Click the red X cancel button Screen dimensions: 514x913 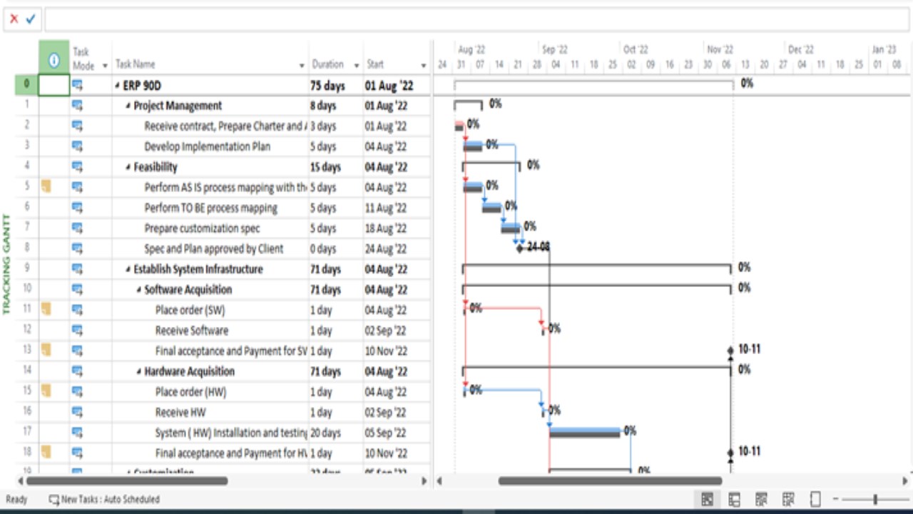coord(14,19)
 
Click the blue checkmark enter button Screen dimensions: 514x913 coord(30,19)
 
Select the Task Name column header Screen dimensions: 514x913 coord(136,64)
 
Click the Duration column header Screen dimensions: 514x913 coord(327,64)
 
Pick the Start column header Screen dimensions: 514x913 coord(375,64)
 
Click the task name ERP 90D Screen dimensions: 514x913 coord(142,86)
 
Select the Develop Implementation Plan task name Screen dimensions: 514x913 coord(207,147)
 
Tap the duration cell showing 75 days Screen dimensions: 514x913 coord(327,86)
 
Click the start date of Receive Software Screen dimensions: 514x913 coord(385,331)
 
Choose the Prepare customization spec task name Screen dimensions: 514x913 coord(202,229)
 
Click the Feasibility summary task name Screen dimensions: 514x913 coord(155,168)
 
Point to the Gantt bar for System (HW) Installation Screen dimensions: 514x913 coord(584,432)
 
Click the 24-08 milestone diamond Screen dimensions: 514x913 coord(520,248)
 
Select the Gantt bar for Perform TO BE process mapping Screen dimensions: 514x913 coord(491,208)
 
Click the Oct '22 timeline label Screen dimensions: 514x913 coord(635,50)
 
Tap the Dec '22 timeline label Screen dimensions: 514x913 coord(800,50)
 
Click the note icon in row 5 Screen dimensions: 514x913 coord(46,187)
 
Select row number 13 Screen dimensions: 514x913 coord(27,351)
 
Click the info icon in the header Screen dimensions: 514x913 coord(53,61)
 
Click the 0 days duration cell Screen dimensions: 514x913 coord(322,249)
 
